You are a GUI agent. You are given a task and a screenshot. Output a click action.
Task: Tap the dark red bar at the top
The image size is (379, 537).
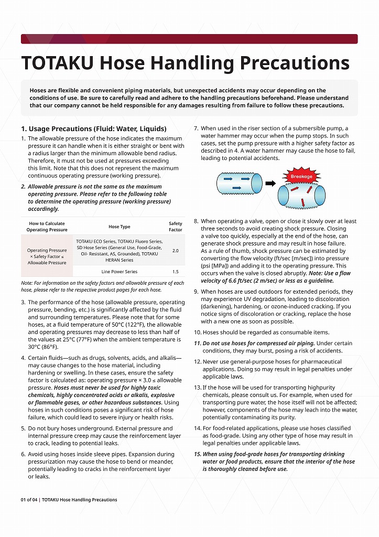tap(189, 39)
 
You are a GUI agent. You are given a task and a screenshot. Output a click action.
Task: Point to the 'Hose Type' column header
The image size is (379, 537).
tap(119, 227)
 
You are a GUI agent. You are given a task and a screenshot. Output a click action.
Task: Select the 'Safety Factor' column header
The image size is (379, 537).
tap(176, 227)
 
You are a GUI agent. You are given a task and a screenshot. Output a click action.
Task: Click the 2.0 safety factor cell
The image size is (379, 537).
tap(175, 251)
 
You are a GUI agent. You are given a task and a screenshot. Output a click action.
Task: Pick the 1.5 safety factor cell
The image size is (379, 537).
tap(175, 272)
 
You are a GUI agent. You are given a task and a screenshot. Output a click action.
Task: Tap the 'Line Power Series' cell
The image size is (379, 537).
tap(120, 272)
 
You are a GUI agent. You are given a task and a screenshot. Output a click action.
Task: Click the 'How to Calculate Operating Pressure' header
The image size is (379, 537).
tap(47, 227)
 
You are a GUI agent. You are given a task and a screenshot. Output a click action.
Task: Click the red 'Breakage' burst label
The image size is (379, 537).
tap(301, 177)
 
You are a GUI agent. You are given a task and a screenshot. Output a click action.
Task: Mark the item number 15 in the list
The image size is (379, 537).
tap(197, 454)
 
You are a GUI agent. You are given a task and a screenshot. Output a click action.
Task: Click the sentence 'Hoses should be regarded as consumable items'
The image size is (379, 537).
tap(266, 332)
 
